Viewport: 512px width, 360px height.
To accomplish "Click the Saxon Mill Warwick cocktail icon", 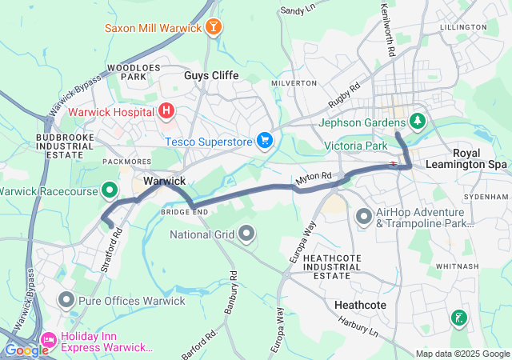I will point(214,29).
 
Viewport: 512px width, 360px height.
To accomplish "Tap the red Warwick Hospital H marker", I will point(166,111).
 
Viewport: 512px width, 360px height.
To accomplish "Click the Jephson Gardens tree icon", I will point(417,122).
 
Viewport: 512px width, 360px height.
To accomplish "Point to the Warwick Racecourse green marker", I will point(110,190).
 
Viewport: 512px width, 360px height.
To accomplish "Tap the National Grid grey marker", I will point(246,234).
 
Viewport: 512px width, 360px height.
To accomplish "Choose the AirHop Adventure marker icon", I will point(364,216).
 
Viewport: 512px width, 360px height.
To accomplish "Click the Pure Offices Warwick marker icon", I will point(66,301).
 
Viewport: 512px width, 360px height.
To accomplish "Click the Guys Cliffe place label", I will point(207,76).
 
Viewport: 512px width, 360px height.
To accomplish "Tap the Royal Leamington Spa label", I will point(480,158).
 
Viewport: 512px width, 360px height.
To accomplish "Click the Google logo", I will point(26,350).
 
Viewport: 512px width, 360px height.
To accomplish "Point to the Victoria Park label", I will point(356,146).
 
